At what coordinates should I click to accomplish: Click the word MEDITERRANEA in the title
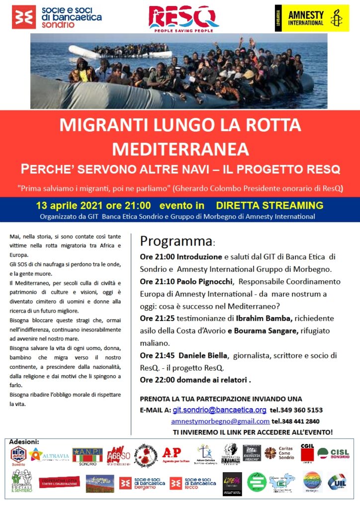[180, 148]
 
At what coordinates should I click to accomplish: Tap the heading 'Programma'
[176, 242]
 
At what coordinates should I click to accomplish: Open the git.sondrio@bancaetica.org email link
[219, 410]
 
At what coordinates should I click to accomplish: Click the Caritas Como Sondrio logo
[279, 453]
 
